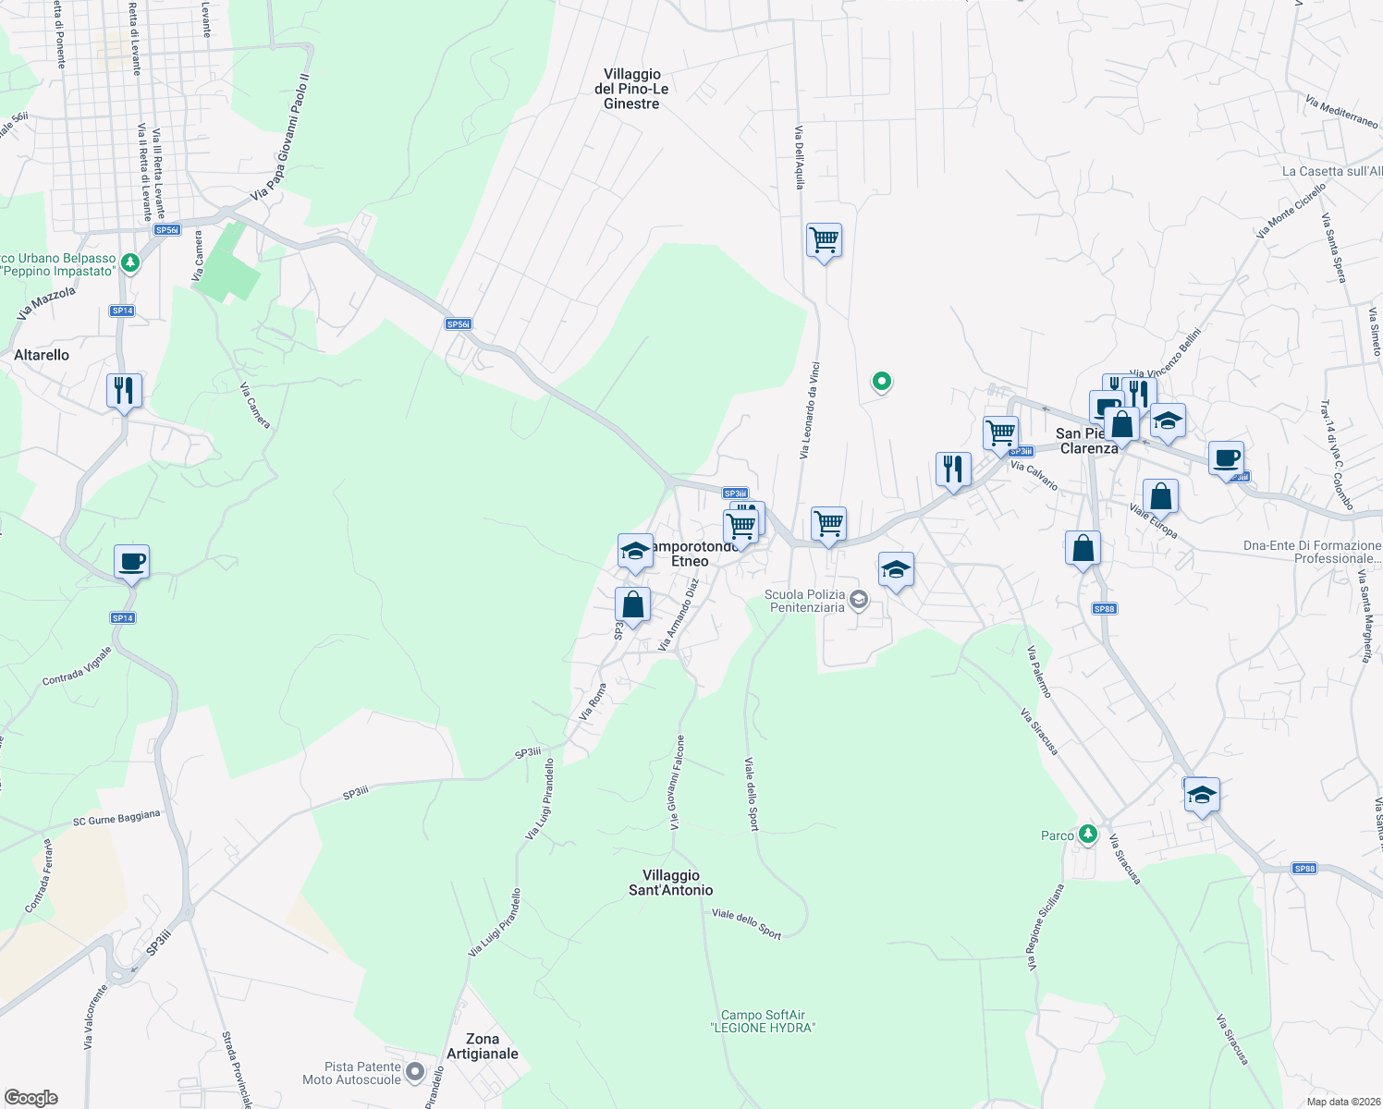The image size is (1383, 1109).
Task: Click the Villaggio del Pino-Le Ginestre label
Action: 631,89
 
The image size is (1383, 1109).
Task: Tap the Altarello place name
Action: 42,355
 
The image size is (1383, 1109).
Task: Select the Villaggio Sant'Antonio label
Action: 671,883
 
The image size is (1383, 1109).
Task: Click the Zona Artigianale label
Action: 483,1046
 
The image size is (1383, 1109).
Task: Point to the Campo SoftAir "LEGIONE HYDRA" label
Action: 764,1021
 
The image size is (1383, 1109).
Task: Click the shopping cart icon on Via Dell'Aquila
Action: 824,240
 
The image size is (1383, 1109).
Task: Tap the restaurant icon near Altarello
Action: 123,391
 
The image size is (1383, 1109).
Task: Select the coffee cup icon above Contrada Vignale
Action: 131,561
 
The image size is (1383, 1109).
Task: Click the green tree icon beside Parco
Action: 1088,835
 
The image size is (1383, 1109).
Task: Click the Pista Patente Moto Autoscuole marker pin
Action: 415,1072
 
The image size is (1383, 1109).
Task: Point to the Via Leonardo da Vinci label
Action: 810,410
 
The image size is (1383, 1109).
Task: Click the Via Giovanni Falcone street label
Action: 677,782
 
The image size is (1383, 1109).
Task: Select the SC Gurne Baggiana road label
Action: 116,819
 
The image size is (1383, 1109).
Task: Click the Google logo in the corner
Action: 31,1098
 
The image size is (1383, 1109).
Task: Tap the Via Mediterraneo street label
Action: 1342,113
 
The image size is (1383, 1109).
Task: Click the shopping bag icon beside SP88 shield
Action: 1083,549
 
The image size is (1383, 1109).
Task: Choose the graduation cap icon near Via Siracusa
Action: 1202,795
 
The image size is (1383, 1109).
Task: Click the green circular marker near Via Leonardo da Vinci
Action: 882,381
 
